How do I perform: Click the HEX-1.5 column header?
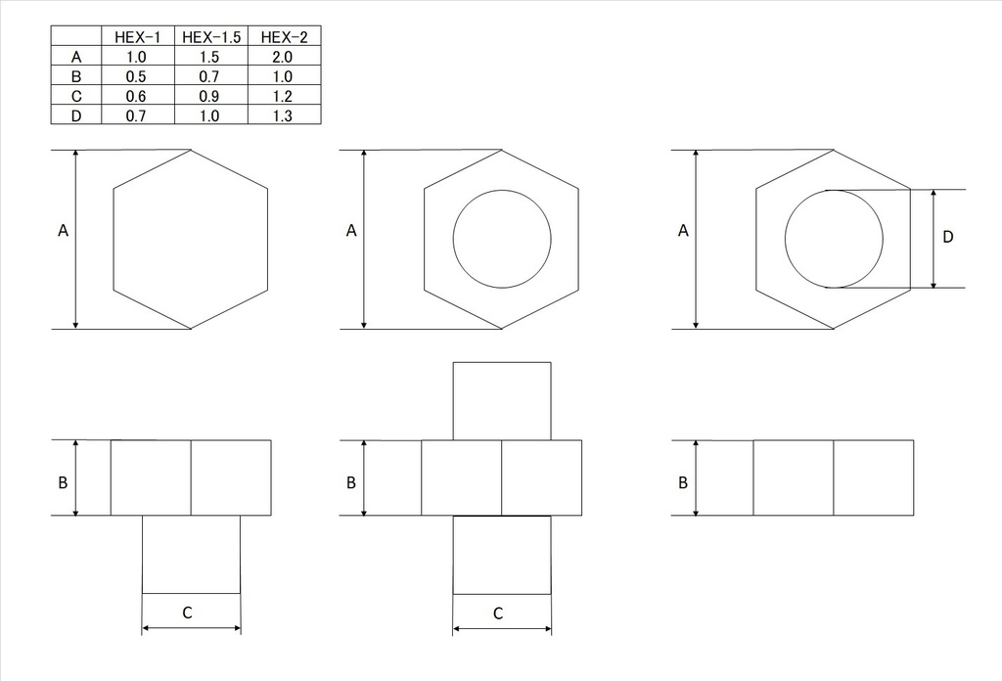pos(210,37)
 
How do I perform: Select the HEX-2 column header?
pos(284,37)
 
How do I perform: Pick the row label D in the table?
pos(76,115)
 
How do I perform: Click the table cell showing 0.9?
pos(210,96)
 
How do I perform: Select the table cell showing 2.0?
pos(284,57)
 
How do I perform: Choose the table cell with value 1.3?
pos(284,115)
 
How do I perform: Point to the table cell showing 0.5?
pos(137,76)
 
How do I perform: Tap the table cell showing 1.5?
pos(210,57)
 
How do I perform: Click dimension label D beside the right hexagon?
pos(947,237)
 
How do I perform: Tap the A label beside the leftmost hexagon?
pos(64,232)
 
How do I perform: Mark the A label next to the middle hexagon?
pos(351,232)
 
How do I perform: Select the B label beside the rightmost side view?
pos(683,482)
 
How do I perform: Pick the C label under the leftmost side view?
pos(188,613)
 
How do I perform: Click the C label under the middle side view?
pos(498,614)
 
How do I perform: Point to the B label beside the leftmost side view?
pos(63,482)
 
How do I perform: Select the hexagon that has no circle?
pos(190,239)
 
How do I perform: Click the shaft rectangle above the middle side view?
pos(502,400)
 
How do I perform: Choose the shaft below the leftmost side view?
pos(191,554)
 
